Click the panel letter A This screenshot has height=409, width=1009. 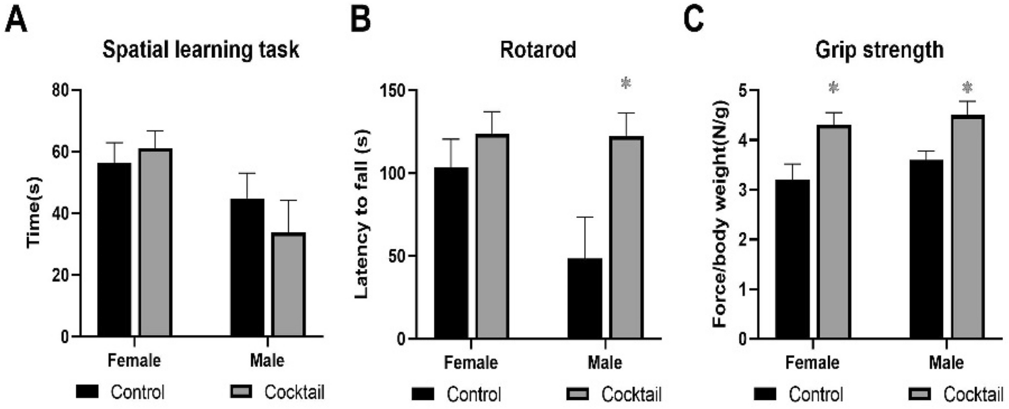[x=17, y=20]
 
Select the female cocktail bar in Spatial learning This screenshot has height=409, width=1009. [x=155, y=242]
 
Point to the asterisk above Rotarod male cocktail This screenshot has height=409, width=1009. [x=626, y=84]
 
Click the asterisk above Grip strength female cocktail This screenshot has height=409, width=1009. [x=834, y=88]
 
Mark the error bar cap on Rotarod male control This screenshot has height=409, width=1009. [x=585, y=217]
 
